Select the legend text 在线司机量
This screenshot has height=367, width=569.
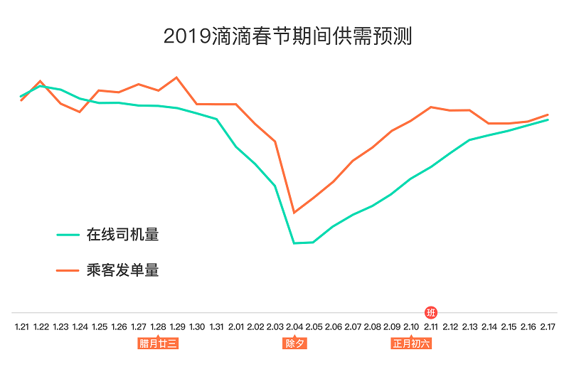[x=122, y=234]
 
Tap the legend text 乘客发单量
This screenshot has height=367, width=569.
[x=122, y=270]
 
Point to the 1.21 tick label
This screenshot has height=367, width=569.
[x=22, y=326]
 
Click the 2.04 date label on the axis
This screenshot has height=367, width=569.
[x=294, y=326]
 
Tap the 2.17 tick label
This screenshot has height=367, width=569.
[x=548, y=326]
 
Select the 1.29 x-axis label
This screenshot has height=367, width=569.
[x=177, y=326]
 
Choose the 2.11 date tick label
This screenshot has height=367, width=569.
[x=431, y=326]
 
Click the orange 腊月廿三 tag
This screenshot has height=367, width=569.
[x=158, y=344]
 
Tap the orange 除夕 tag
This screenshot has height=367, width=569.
[x=294, y=344]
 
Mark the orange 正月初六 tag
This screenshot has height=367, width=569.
[x=411, y=344]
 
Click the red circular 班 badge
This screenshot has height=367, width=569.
[x=430, y=312]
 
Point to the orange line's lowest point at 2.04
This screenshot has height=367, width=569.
[x=294, y=213]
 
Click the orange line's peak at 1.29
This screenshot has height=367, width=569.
[x=177, y=77]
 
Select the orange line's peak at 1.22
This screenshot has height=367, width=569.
[x=41, y=81]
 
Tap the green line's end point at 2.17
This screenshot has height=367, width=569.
[x=548, y=119]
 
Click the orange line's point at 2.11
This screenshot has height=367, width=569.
[x=431, y=107]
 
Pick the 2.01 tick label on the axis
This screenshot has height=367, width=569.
[x=236, y=326]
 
